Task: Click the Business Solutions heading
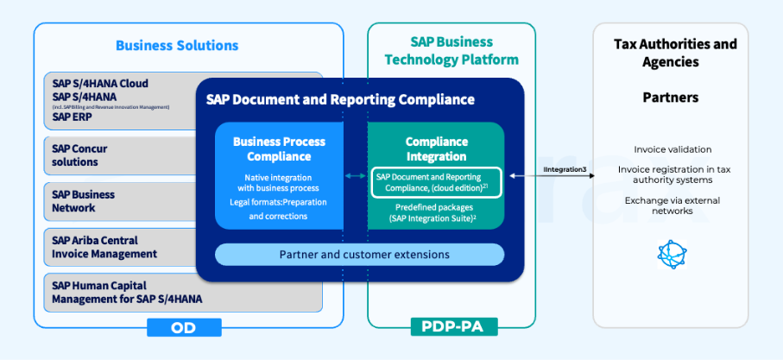click(x=177, y=46)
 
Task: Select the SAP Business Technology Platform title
click(x=451, y=51)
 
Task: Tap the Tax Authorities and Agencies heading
click(x=675, y=53)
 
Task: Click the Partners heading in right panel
click(x=671, y=98)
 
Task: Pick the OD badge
click(x=184, y=327)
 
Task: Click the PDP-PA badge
click(x=451, y=327)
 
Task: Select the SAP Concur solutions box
click(x=121, y=155)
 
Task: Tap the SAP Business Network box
click(x=121, y=201)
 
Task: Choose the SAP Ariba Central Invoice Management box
click(x=121, y=247)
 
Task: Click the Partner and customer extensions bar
click(x=359, y=255)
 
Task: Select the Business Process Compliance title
click(x=278, y=148)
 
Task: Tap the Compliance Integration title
click(x=437, y=148)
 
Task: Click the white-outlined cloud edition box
click(x=437, y=182)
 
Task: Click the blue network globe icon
click(x=671, y=254)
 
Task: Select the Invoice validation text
click(x=672, y=149)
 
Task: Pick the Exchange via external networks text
click(x=672, y=205)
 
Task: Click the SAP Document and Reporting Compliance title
click(x=340, y=99)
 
